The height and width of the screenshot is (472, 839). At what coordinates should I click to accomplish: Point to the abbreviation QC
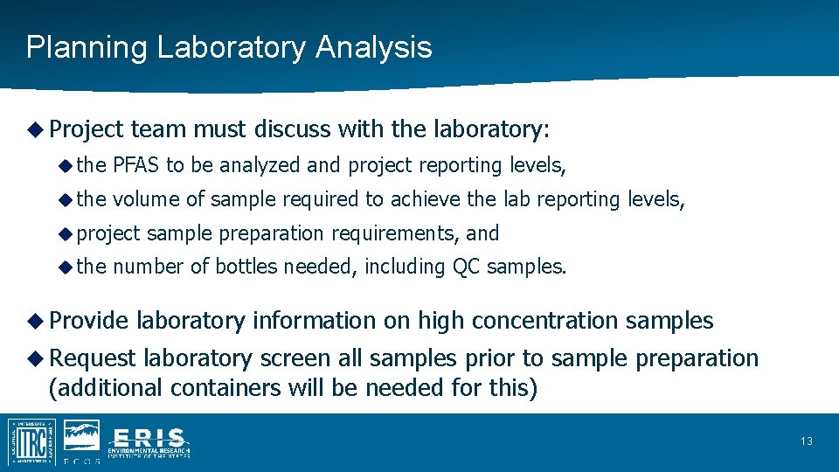[x=466, y=267]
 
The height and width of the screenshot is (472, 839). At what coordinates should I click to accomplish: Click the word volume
[x=145, y=199]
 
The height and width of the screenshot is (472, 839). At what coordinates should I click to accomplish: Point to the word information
[x=315, y=321]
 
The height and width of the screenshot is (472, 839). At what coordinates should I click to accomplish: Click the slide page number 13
[x=806, y=441]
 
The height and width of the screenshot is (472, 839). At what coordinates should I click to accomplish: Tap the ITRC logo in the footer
[x=32, y=441]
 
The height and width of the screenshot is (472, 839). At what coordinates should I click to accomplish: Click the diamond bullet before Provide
[x=34, y=321]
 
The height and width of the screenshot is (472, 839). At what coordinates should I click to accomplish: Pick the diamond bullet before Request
[x=34, y=358]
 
